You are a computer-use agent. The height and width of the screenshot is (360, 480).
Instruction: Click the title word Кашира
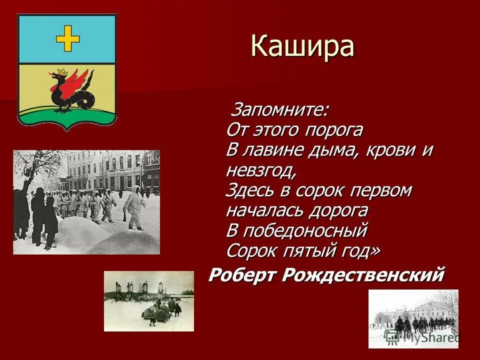pos(302,46)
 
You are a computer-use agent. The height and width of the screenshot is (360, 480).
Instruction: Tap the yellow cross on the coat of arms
pos(67,39)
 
